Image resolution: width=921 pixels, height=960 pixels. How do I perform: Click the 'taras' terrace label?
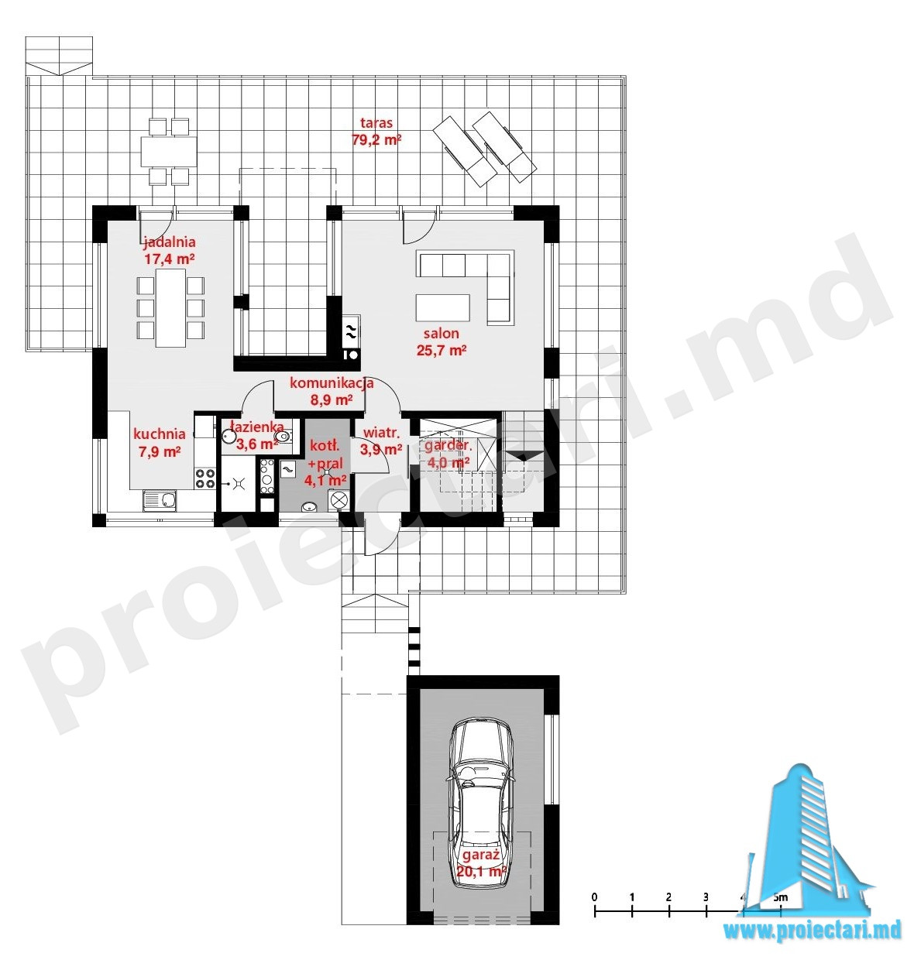[376, 123]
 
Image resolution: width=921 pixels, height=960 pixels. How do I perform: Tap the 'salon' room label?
[442, 334]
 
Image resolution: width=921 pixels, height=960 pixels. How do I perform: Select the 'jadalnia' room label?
[170, 242]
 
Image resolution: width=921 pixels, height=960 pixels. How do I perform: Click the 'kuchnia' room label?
[160, 434]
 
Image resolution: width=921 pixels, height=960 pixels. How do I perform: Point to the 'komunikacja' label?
[332, 382]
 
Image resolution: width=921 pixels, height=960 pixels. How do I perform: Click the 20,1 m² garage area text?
[481, 871]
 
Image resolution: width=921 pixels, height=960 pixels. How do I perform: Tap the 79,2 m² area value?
[376, 140]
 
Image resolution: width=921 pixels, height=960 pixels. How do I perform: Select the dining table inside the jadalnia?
[170, 308]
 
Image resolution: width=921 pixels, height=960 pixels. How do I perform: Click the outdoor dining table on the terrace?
[168, 151]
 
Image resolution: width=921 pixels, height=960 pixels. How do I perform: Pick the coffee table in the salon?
[443, 308]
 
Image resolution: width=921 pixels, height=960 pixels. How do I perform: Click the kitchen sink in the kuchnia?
[160, 500]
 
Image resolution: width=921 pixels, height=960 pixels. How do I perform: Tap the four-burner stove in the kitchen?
[205, 478]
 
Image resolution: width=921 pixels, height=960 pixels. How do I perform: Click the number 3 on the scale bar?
[706, 897]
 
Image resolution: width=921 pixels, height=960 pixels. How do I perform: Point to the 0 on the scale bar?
[594, 897]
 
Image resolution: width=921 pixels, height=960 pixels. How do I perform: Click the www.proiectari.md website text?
[812, 931]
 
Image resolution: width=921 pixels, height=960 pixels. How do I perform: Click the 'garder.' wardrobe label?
[448, 445]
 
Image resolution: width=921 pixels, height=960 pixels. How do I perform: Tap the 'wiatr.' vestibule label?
[382, 433]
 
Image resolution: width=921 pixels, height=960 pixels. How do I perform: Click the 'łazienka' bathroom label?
[257, 427]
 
